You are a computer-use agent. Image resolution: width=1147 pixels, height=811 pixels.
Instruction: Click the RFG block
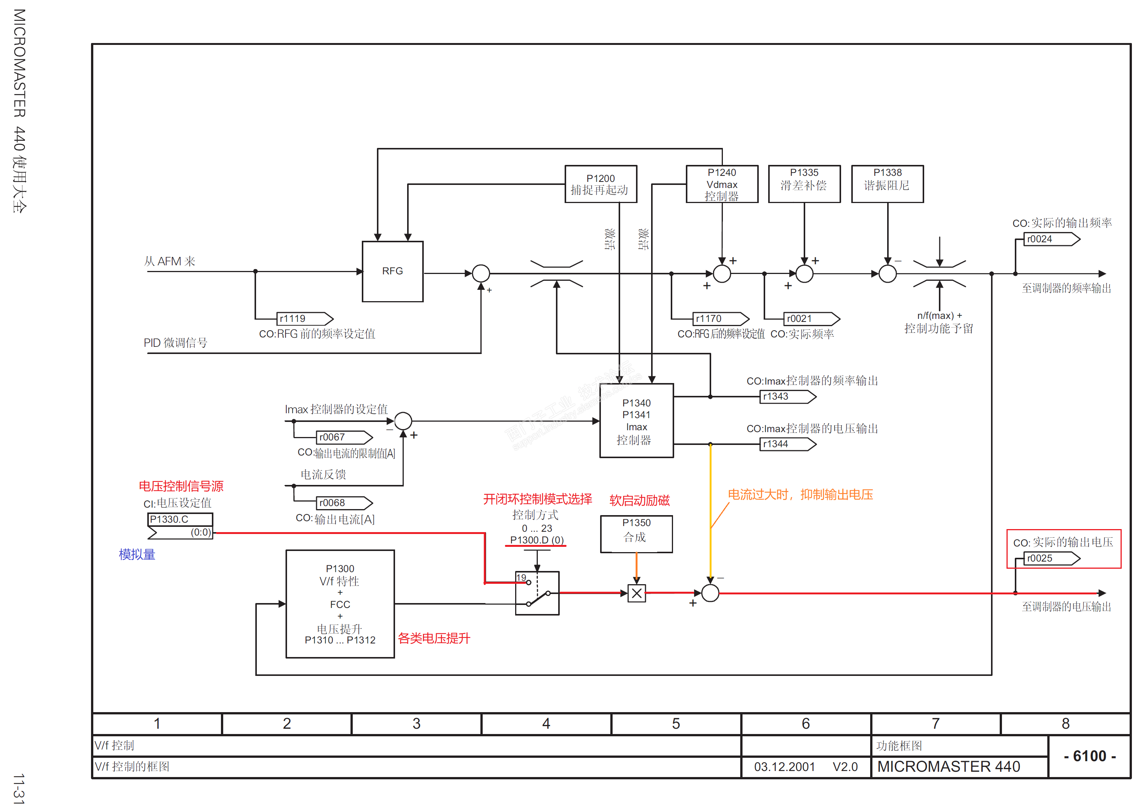pos(392,271)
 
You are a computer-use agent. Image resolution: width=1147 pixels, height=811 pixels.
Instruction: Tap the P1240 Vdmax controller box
pos(722,184)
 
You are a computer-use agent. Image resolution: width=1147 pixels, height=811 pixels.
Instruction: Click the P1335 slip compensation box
pos(804,184)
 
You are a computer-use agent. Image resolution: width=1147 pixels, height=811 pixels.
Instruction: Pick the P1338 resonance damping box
pos(887,184)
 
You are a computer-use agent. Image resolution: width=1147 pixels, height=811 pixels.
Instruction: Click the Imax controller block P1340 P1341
pos(636,420)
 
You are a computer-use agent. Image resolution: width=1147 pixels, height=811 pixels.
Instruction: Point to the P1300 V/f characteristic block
pos(340,604)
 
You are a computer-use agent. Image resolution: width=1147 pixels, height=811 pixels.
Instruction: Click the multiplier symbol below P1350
pos(636,593)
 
